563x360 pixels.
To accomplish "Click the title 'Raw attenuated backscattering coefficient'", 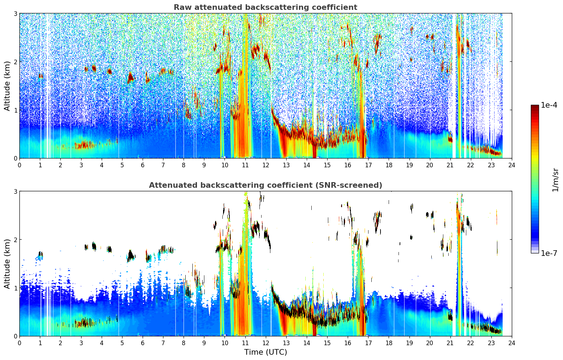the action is point(265,7).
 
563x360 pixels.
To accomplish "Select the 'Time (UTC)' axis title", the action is point(265,352).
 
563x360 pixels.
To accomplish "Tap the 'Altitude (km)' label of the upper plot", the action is point(7,86).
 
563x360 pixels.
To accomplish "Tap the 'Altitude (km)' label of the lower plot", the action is point(7,264).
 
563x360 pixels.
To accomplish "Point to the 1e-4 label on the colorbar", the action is point(549,105).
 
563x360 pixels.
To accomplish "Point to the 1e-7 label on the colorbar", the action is point(549,253).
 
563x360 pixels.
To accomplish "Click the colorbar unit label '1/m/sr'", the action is point(555,180).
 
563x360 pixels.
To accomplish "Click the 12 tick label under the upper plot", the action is point(266,165).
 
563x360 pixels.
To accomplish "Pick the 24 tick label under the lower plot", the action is point(512,343).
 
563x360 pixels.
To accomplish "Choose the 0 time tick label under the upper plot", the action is point(20,165).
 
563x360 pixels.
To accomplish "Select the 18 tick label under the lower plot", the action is point(389,343).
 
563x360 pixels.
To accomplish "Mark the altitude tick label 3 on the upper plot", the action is point(15,13).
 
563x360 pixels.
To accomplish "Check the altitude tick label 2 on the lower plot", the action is point(15,239).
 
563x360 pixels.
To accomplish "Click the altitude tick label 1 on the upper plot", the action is point(15,110).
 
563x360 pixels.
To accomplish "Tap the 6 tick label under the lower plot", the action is point(143,343).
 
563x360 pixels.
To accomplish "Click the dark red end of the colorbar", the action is point(535,107).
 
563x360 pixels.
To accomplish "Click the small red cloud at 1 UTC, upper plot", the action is point(41,76).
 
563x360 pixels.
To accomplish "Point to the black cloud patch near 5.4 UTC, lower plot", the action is point(131,256).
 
